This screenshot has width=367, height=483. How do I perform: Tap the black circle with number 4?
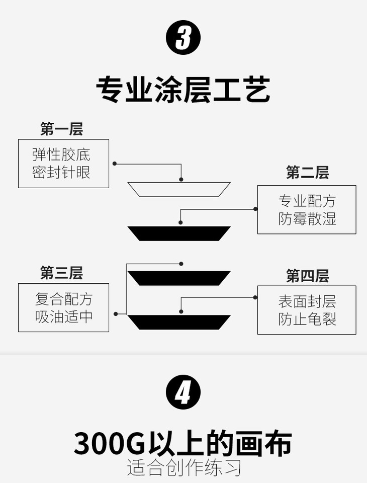click(x=183, y=393)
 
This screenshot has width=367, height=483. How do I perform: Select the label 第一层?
click(x=61, y=129)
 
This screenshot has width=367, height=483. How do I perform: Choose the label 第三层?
click(x=61, y=273)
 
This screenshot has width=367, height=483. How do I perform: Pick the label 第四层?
click(x=307, y=276)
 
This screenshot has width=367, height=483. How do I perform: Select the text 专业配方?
click(x=307, y=201)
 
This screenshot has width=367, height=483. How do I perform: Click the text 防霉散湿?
click(x=307, y=218)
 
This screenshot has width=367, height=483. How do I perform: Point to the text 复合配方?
click(x=63, y=299)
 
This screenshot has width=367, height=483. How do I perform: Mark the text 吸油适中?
click(x=63, y=316)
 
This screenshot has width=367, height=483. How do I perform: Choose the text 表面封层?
click(x=307, y=301)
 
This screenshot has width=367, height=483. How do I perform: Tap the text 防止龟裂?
click(x=307, y=319)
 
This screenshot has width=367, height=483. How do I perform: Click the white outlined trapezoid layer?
click(x=179, y=189)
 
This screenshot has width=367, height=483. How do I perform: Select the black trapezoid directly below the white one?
click(x=179, y=233)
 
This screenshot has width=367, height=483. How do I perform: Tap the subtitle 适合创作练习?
click(x=184, y=467)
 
